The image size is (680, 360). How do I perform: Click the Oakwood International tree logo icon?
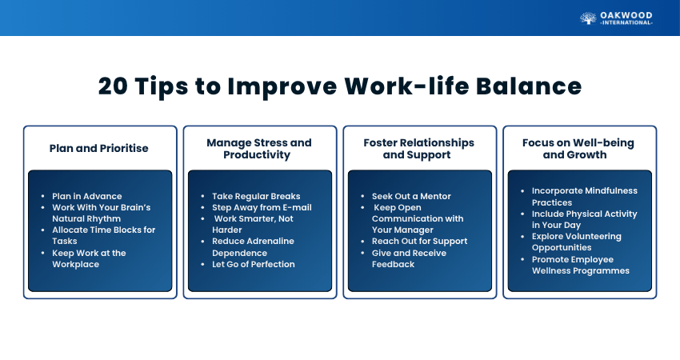click(x=588, y=18)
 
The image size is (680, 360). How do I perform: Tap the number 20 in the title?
click(x=113, y=86)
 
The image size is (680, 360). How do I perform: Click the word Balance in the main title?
click(x=529, y=86)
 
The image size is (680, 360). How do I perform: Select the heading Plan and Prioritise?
click(x=99, y=148)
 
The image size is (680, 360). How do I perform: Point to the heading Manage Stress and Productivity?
click(x=259, y=149)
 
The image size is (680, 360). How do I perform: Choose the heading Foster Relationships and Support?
click(x=419, y=149)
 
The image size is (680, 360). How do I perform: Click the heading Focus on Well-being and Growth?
click(x=578, y=149)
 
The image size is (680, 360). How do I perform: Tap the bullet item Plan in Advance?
click(x=87, y=196)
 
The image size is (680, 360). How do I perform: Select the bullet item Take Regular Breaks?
click(x=256, y=196)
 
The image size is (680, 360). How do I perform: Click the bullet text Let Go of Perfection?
click(x=254, y=264)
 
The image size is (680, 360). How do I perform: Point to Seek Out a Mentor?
click(x=411, y=196)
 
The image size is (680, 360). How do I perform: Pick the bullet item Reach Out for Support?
click(x=419, y=241)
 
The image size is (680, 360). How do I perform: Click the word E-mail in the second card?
click(x=297, y=207)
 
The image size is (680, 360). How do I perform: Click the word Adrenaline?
click(x=270, y=241)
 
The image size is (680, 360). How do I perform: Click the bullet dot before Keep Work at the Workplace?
click(x=43, y=253)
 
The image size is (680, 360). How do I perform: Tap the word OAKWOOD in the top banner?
click(x=626, y=16)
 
